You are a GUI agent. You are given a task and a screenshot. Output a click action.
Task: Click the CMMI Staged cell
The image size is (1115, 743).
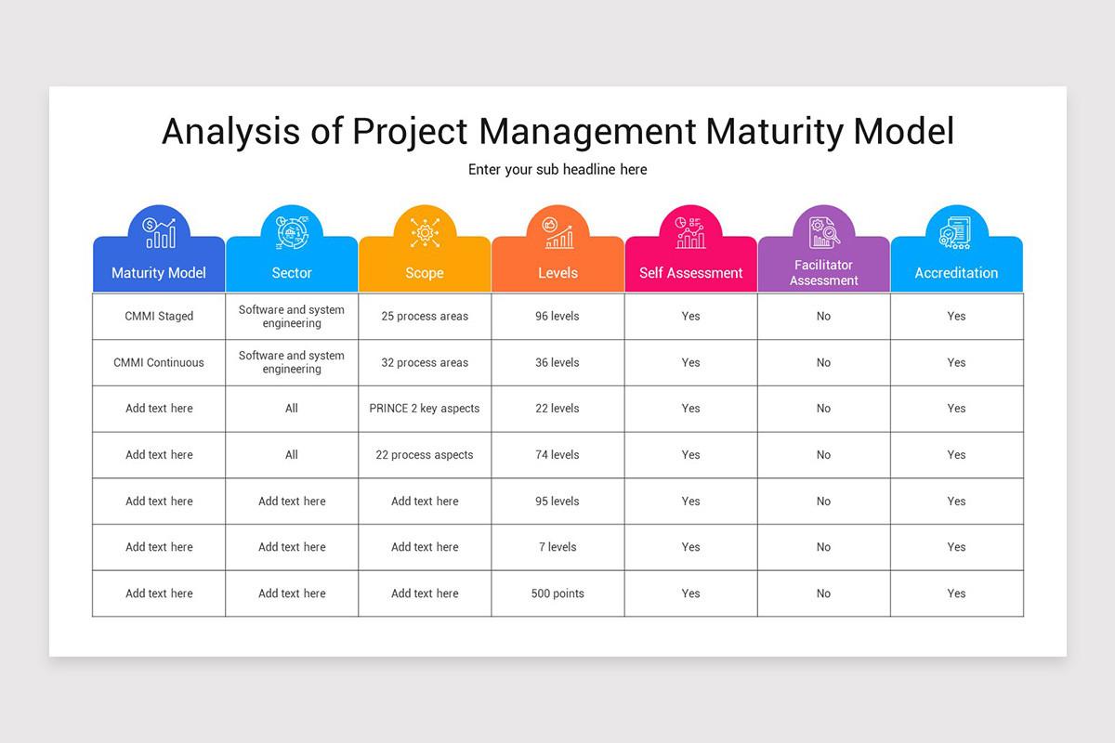(159, 316)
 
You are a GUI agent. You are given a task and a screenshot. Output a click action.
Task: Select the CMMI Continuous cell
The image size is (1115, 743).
(159, 362)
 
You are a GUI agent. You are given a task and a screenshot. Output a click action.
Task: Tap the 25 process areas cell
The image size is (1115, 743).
(425, 316)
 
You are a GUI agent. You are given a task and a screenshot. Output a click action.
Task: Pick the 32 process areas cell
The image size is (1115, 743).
(425, 362)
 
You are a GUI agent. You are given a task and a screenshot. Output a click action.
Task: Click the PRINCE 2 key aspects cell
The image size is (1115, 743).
(425, 409)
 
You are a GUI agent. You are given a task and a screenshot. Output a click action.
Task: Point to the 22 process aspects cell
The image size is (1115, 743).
(425, 455)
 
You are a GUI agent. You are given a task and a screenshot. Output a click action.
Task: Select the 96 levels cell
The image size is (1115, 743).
(557, 316)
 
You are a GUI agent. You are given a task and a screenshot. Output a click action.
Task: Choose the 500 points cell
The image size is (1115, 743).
(557, 593)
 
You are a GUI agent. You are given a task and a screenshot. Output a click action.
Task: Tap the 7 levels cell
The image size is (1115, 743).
(557, 547)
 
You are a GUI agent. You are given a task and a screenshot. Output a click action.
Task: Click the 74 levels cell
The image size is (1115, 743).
(557, 455)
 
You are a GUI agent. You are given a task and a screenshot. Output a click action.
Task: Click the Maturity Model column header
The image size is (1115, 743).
(159, 273)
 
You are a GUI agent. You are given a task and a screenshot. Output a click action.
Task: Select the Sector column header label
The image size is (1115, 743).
(292, 273)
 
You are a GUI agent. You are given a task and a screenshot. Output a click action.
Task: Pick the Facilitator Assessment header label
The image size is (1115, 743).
(823, 273)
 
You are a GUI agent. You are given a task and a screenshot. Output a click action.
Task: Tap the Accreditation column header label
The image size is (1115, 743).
(956, 273)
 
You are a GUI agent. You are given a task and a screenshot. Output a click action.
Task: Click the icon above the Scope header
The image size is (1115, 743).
(425, 232)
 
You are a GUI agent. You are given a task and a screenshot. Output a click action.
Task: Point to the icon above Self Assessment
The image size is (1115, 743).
(690, 232)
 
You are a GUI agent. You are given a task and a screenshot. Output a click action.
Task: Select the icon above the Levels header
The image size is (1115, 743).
(557, 232)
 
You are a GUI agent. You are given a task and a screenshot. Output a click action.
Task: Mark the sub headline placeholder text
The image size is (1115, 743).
(557, 170)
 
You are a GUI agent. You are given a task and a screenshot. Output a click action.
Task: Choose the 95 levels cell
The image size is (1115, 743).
(557, 502)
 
